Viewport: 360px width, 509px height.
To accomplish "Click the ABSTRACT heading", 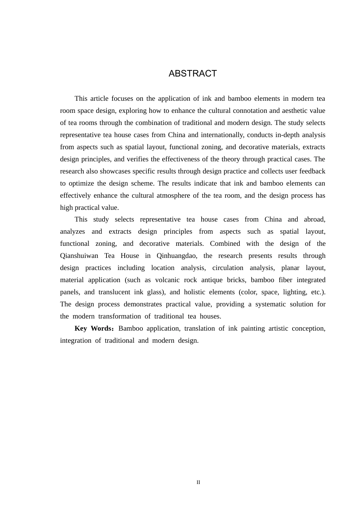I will [x=193, y=73].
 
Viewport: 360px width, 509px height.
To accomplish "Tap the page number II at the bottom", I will [x=198, y=482].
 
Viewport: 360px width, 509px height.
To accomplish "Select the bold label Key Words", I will [x=93, y=328].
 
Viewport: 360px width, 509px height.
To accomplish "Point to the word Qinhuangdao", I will [x=177, y=256].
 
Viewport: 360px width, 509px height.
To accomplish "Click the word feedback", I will [x=312, y=171].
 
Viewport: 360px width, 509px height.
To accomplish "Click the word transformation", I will [x=120, y=316].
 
